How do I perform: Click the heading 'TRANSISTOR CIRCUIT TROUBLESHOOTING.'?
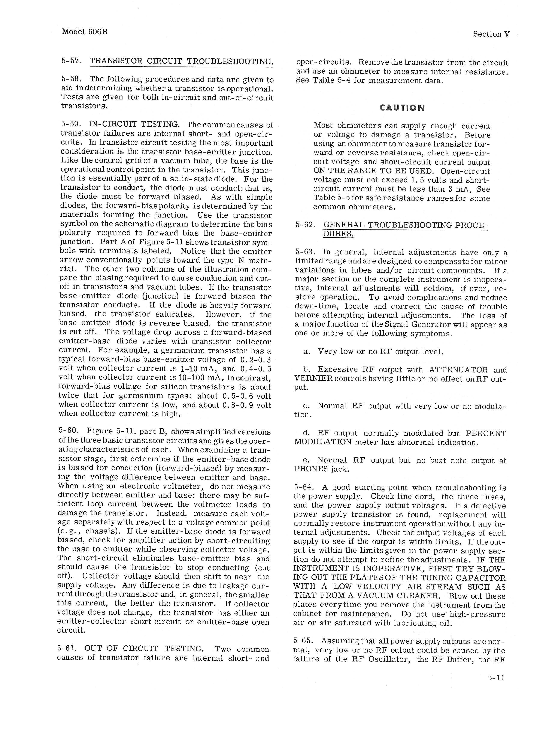(181, 62)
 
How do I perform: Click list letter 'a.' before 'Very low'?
(307, 352)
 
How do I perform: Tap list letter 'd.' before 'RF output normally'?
(306, 433)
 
